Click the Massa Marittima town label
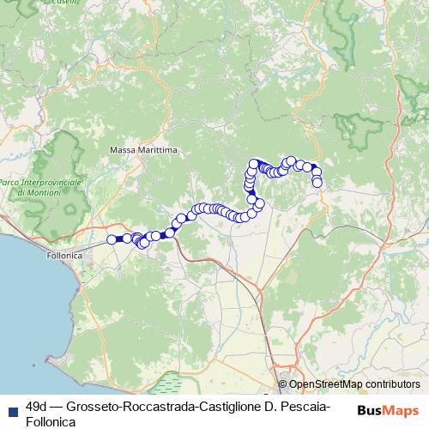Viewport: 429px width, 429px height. click(143, 150)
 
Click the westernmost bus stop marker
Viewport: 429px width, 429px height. click(111, 239)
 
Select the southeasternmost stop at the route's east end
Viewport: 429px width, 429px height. click(317, 182)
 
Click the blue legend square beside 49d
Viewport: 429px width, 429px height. click(13, 404)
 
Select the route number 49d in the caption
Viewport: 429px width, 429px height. click(37, 404)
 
